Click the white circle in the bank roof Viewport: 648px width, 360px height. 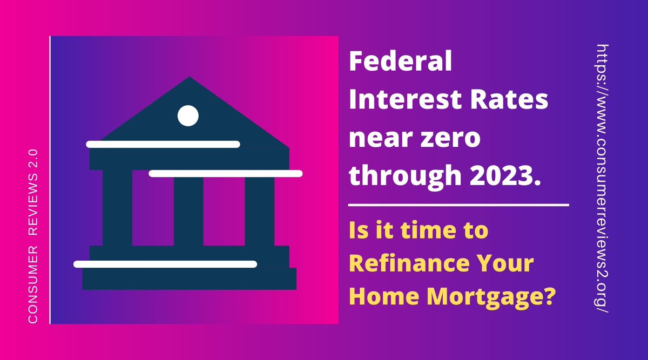188,116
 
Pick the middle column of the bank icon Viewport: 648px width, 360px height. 188,210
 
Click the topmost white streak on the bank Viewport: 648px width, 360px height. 163,144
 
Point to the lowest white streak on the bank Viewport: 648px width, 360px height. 165,264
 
